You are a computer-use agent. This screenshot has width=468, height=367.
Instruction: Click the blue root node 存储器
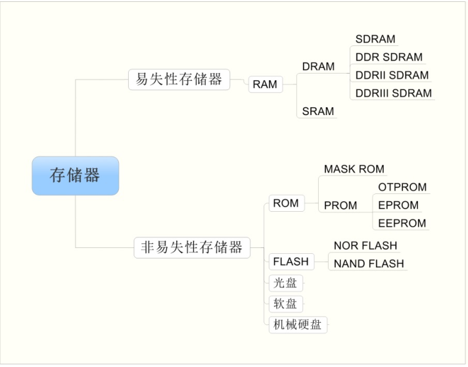(x=75, y=176)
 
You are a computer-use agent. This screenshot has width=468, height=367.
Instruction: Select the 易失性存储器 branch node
(x=179, y=80)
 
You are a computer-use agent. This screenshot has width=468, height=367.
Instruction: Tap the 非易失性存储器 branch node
(x=192, y=247)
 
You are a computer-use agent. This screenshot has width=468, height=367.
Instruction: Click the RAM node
(x=265, y=84)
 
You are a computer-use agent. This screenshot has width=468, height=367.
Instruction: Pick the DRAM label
(x=318, y=66)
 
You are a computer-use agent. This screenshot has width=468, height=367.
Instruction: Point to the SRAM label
(x=318, y=112)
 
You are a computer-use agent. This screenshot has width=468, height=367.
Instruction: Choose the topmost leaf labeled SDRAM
(x=375, y=39)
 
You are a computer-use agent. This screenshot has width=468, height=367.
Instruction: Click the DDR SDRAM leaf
(x=388, y=57)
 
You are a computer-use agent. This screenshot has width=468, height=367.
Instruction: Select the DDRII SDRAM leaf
(x=392, y=75)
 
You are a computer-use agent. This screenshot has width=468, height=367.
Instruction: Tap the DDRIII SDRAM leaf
(x=394, y=93)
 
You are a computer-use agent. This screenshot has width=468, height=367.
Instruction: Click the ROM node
(x=286, y=204)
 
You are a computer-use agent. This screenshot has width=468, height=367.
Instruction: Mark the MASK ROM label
(x=354, y=169)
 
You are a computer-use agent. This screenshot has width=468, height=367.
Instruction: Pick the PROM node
(x=340, y=205)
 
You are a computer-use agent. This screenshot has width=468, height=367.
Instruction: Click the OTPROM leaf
(x=402, y=187)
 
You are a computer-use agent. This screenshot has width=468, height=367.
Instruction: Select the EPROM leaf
(x=398, y=205)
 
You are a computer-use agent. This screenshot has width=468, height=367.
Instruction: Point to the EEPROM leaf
(x=402, y=223)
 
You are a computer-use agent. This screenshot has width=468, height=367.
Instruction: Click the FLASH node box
(x=291, y=262)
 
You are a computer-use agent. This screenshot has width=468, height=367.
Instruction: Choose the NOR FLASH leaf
(x=365, y=246)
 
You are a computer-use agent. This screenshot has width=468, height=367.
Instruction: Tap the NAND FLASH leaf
(x=369, y=264)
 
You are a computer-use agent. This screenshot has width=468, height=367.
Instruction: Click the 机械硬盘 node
(x=297, y=325)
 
